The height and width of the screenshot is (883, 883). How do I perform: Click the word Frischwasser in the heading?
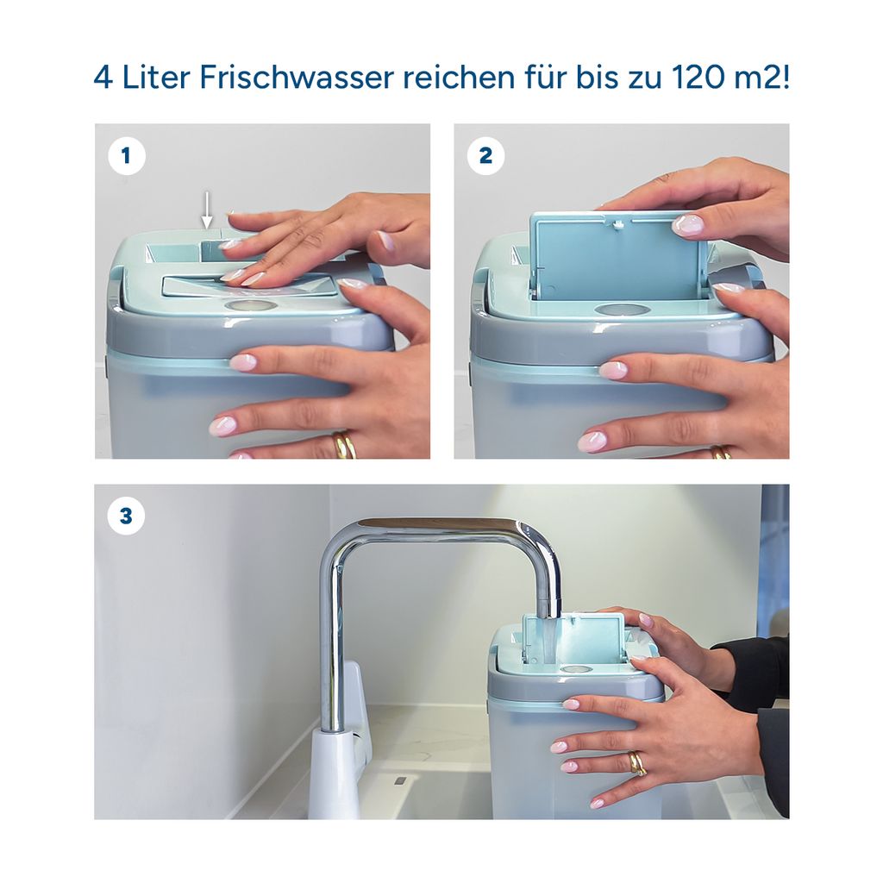click(296, 77)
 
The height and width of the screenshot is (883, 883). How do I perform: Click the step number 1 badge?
click(126, 155)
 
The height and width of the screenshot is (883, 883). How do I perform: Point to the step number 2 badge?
click(485, 155)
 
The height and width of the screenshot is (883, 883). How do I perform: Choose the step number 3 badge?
click(126, 516)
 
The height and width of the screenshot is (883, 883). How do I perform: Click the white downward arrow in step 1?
click(207, 210)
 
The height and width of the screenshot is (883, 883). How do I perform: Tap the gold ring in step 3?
click(637, 764)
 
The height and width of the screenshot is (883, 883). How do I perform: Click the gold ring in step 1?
click(344, 445)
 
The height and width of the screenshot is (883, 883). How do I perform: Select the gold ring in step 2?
click(720, 452)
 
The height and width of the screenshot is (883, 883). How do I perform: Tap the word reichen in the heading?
click(459, 77)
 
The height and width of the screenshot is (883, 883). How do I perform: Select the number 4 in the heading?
click(103, 78)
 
